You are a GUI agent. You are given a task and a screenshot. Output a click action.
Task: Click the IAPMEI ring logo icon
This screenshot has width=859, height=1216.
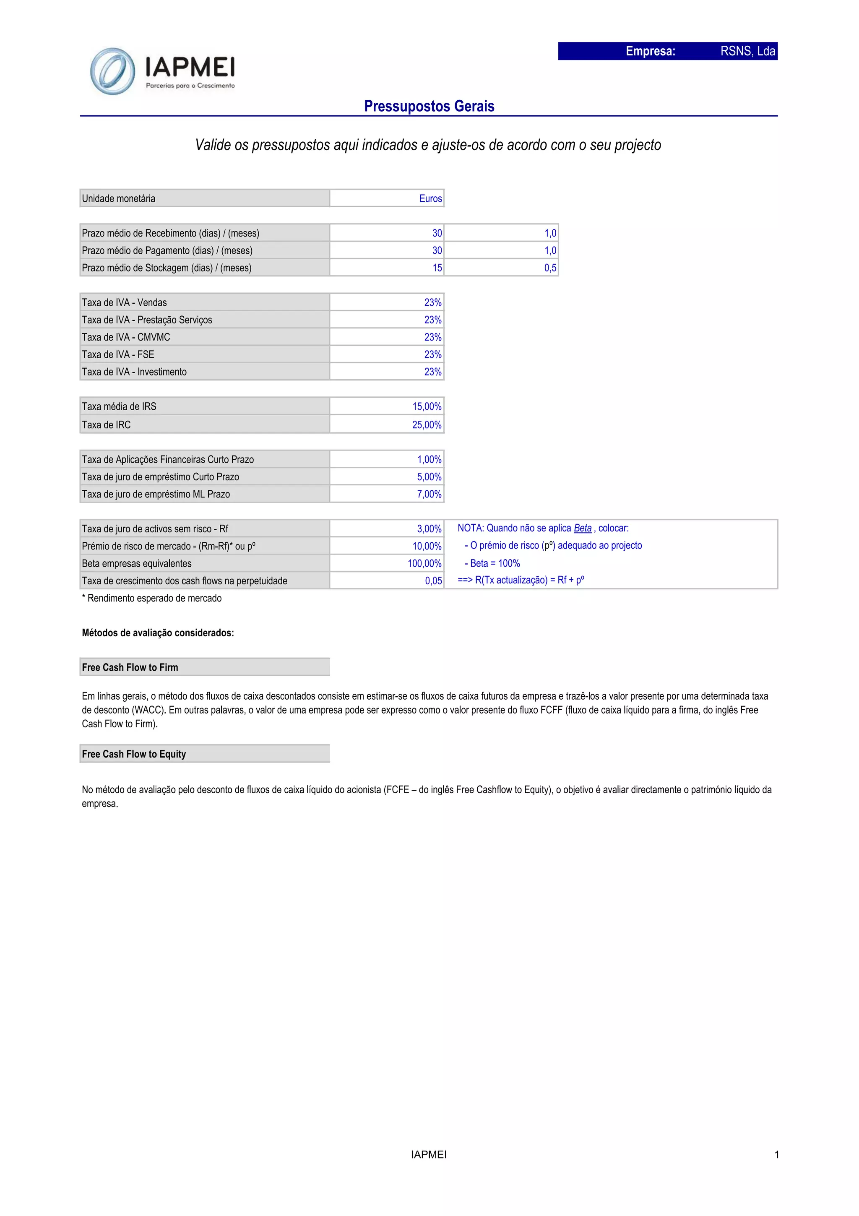[x=112, y=71]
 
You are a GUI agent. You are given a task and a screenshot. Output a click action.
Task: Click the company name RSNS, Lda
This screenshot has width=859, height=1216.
[x=747, y=51]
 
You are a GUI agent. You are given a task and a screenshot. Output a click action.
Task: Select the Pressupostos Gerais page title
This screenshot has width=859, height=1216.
[x=429, y=107]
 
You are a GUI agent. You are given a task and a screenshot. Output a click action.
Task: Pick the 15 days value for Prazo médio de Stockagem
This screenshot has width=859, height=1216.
[x=437, y=268]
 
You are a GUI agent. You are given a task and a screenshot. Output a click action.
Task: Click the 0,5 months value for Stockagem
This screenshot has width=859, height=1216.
[x=550, y=268]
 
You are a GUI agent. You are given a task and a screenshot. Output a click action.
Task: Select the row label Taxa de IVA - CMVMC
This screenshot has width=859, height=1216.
[x=126, y=337]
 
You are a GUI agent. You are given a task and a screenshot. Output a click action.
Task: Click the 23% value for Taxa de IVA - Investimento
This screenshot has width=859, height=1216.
[x=433, y=372]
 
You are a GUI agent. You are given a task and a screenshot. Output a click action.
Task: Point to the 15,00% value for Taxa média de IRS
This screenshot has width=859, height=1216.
[x=427, y=407]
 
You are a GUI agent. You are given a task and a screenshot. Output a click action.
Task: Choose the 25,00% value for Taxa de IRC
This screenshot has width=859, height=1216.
[x=427, y=425]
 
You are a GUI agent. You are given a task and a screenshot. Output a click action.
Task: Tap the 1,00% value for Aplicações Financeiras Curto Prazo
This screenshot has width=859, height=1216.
[x=429, y=460]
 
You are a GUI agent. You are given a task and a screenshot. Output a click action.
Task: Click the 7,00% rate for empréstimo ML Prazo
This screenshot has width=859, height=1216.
[x=429, y=494]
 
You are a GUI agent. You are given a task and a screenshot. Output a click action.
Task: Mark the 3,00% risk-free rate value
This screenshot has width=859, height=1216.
[x=429, y=529]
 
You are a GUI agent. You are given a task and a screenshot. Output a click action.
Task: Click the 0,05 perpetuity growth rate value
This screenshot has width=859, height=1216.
[x=433, y=581]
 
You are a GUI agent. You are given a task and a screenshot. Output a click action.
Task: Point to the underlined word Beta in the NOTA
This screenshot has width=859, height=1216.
[x=583, y=528]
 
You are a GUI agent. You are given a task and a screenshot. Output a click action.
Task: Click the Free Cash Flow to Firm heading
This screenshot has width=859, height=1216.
[x=130, y=667]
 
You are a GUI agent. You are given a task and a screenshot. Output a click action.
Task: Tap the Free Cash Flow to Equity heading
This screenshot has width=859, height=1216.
[x=134, y=754]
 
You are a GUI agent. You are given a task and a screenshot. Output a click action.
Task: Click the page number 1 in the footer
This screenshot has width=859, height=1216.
[x=776, y=1155]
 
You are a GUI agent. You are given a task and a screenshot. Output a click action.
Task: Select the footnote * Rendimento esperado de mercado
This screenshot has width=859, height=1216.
[x=152, y=599]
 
